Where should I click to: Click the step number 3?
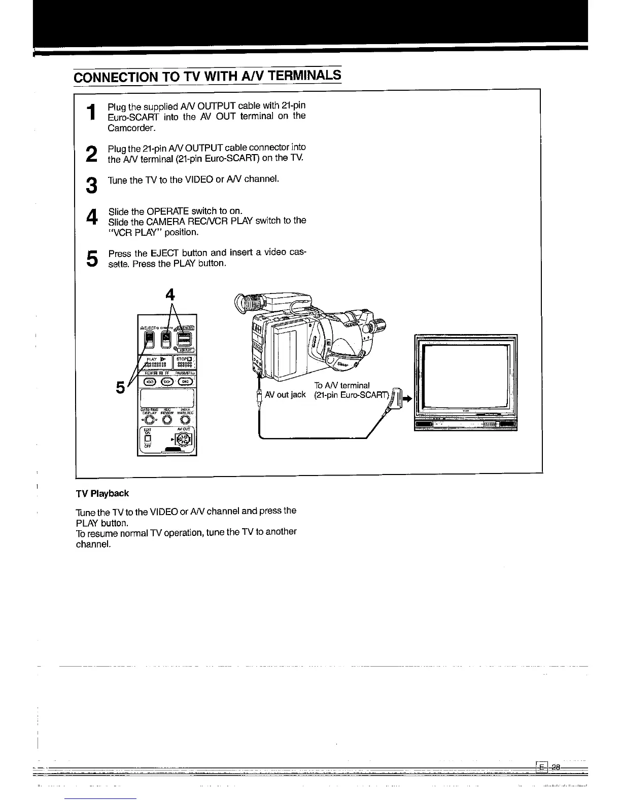(91, 185)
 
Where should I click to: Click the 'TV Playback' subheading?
(102, 493)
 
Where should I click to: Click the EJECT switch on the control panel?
(150, 339)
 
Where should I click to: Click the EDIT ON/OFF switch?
(148, 439)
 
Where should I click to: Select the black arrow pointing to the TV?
(406, 399)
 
